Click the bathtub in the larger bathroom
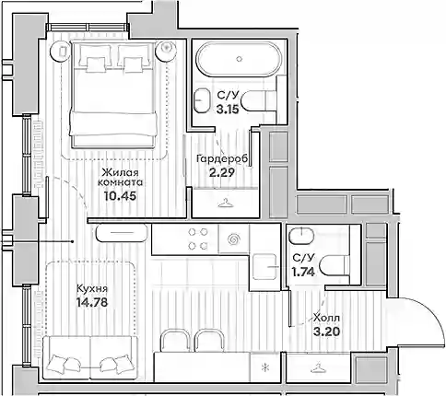click(239, 59)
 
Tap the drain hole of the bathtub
click(240, 59)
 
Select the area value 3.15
click(228, 110)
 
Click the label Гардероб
click(222, 159)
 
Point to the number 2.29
click(221, 172)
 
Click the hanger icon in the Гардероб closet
click(226, 203)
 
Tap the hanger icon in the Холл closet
click(318, 367)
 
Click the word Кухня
click(91, 289)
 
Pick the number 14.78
click(92, 303)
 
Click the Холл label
click(326, 318)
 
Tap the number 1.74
click(303, 272)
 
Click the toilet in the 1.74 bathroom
click(334, 266)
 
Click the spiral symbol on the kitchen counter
click(233, 239)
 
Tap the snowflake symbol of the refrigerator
click(264, 367)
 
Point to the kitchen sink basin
click(265, 267)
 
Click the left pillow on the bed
click(95, 64)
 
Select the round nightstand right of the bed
click(166, 51)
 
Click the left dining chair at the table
click(174, 340)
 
